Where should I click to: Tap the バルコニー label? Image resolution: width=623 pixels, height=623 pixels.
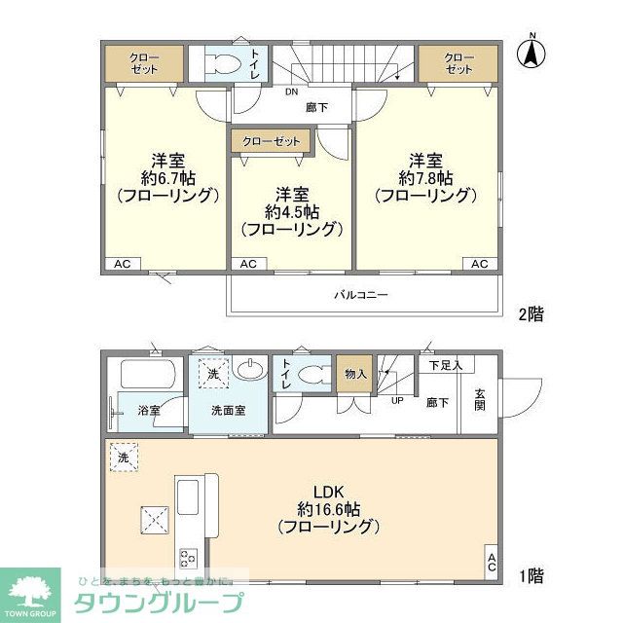361,293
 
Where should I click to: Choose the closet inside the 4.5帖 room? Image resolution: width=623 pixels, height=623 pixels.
271,141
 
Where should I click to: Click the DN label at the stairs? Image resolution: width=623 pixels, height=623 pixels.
291,93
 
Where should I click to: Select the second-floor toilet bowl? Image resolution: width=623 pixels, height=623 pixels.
223,67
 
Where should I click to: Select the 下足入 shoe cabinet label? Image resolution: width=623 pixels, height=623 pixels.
446,365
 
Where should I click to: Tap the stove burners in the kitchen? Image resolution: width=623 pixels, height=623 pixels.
187,558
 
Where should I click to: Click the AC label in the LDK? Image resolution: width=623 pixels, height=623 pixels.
492,562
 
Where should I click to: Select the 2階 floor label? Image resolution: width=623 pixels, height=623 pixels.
530,313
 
